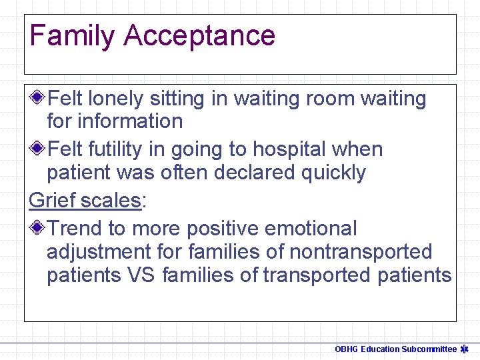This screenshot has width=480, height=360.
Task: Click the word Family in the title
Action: [72, 35]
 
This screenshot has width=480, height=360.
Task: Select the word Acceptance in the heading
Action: [199, 35]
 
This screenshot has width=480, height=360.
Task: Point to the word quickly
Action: [333, 173]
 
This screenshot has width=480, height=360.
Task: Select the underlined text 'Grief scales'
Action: [85, 201]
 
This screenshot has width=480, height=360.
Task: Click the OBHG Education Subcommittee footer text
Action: [395, 349]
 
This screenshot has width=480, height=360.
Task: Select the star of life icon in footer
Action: [465, 349]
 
